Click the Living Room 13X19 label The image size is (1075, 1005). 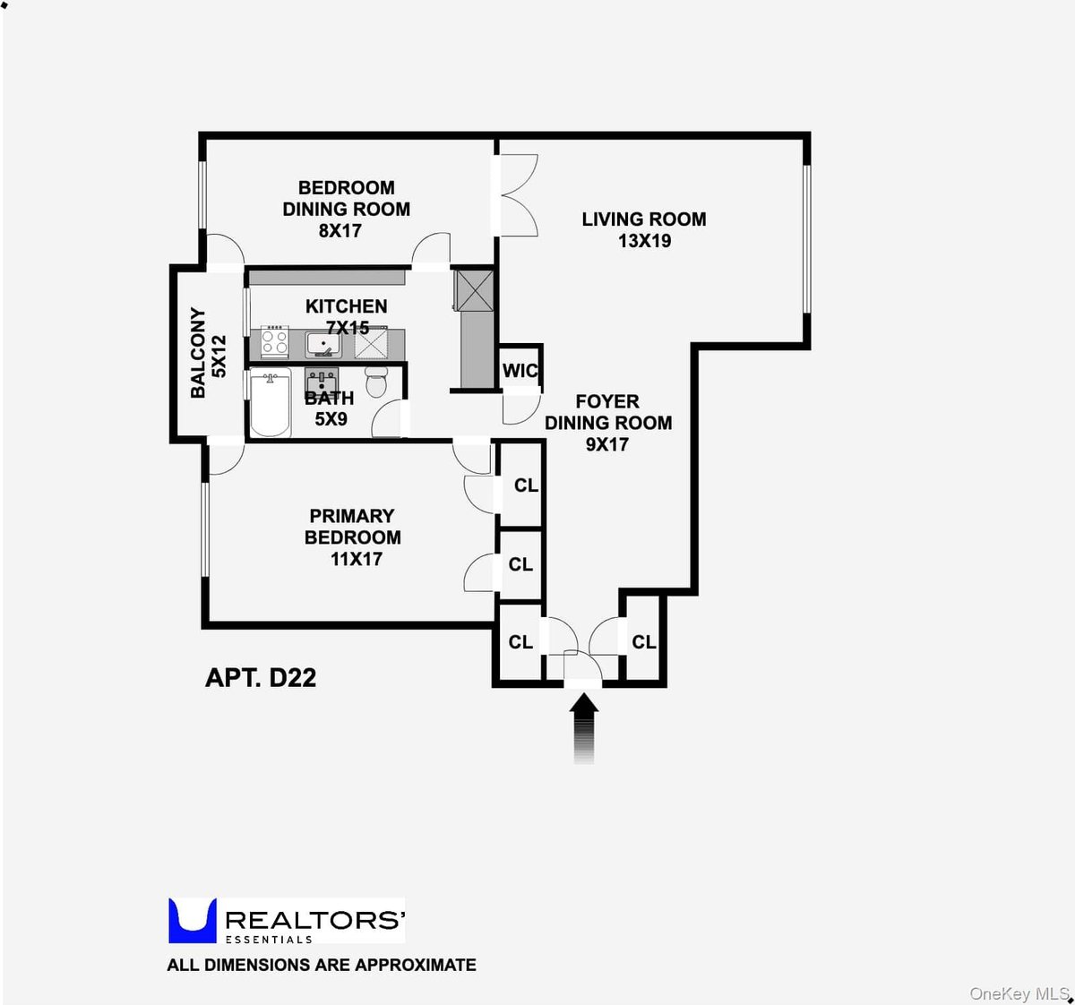click(643, 229)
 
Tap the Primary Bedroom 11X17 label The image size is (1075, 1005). click(353, 537)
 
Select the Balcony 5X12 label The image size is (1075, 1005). click(208, 353)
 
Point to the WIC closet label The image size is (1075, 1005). click(520, 371)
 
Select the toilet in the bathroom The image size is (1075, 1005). click(377, 382)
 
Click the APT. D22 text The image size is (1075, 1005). click(261, 677)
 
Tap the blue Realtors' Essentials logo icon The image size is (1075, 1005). click(193, 921)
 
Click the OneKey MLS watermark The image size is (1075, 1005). click(1019, 993)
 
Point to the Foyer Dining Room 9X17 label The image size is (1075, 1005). click(608, 423)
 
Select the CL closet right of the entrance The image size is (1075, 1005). click(643, 642)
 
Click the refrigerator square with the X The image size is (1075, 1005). click(473, 290)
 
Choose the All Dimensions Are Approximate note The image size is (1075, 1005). click(322, 965)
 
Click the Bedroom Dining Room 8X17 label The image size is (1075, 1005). click(346, 209)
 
